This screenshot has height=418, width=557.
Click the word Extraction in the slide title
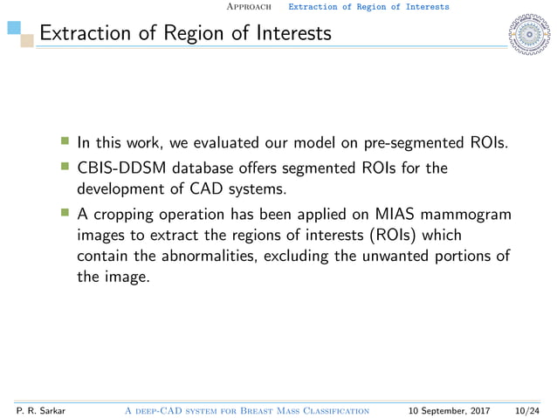pos(82,35)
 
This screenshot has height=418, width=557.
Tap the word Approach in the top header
pos(251,7)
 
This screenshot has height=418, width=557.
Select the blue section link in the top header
pos(368,7)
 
